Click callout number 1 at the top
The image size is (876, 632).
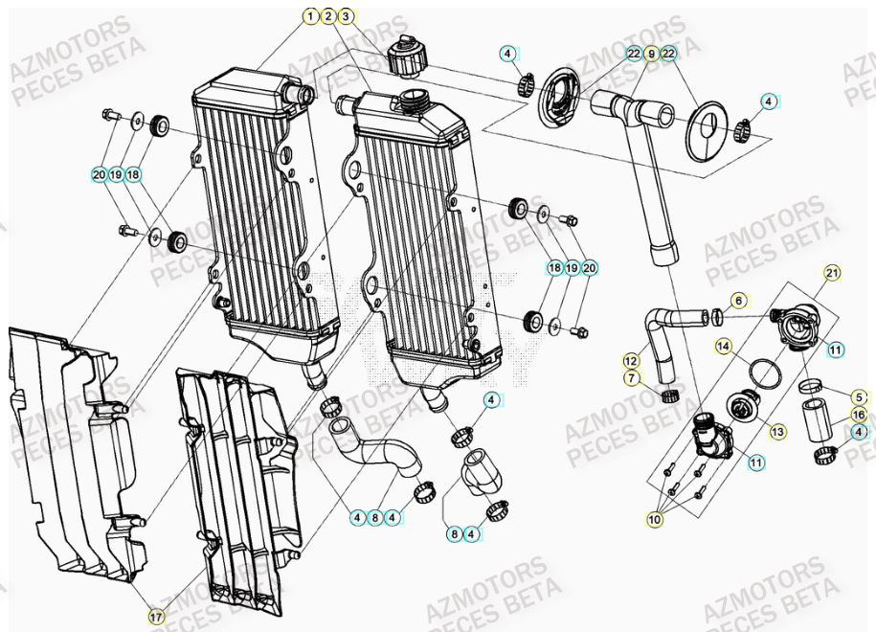tap(310, 16)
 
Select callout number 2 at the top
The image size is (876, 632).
tap(328, 16)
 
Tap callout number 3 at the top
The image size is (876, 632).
tap(346, 16)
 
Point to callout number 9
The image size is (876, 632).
tap(651, 55)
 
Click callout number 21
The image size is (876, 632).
tap(831, 274)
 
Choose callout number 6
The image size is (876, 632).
tap(738, 300)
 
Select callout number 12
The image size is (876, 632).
tap(631, 361)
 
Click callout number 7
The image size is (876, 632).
tap(631, 378)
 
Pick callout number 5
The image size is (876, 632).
tap(859, 396)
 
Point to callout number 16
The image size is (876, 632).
tap(859, 415)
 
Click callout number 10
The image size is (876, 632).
tap(655, 519)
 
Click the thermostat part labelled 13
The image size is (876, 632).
tap(742, 406)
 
